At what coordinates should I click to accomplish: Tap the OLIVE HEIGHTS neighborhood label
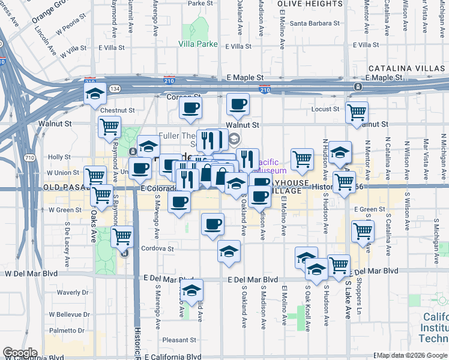[x=310, y=4]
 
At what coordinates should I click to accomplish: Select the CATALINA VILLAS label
[x=408, y=68]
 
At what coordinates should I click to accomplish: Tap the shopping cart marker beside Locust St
[x=357, y=111]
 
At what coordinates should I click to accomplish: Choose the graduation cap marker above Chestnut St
[x=95, y=94]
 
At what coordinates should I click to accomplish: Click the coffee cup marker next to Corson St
[x=190, y=107]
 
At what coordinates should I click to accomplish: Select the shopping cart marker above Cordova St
[x=122, y=236]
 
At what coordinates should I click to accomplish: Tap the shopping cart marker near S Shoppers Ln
[x=363, y=230]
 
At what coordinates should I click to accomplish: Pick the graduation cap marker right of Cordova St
[x=229, y=252]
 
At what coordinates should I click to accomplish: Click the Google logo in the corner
[x=20, y=352]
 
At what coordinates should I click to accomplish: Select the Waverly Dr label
[x=73, y=293]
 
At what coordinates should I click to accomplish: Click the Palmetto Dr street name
[x=67, y=331]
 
